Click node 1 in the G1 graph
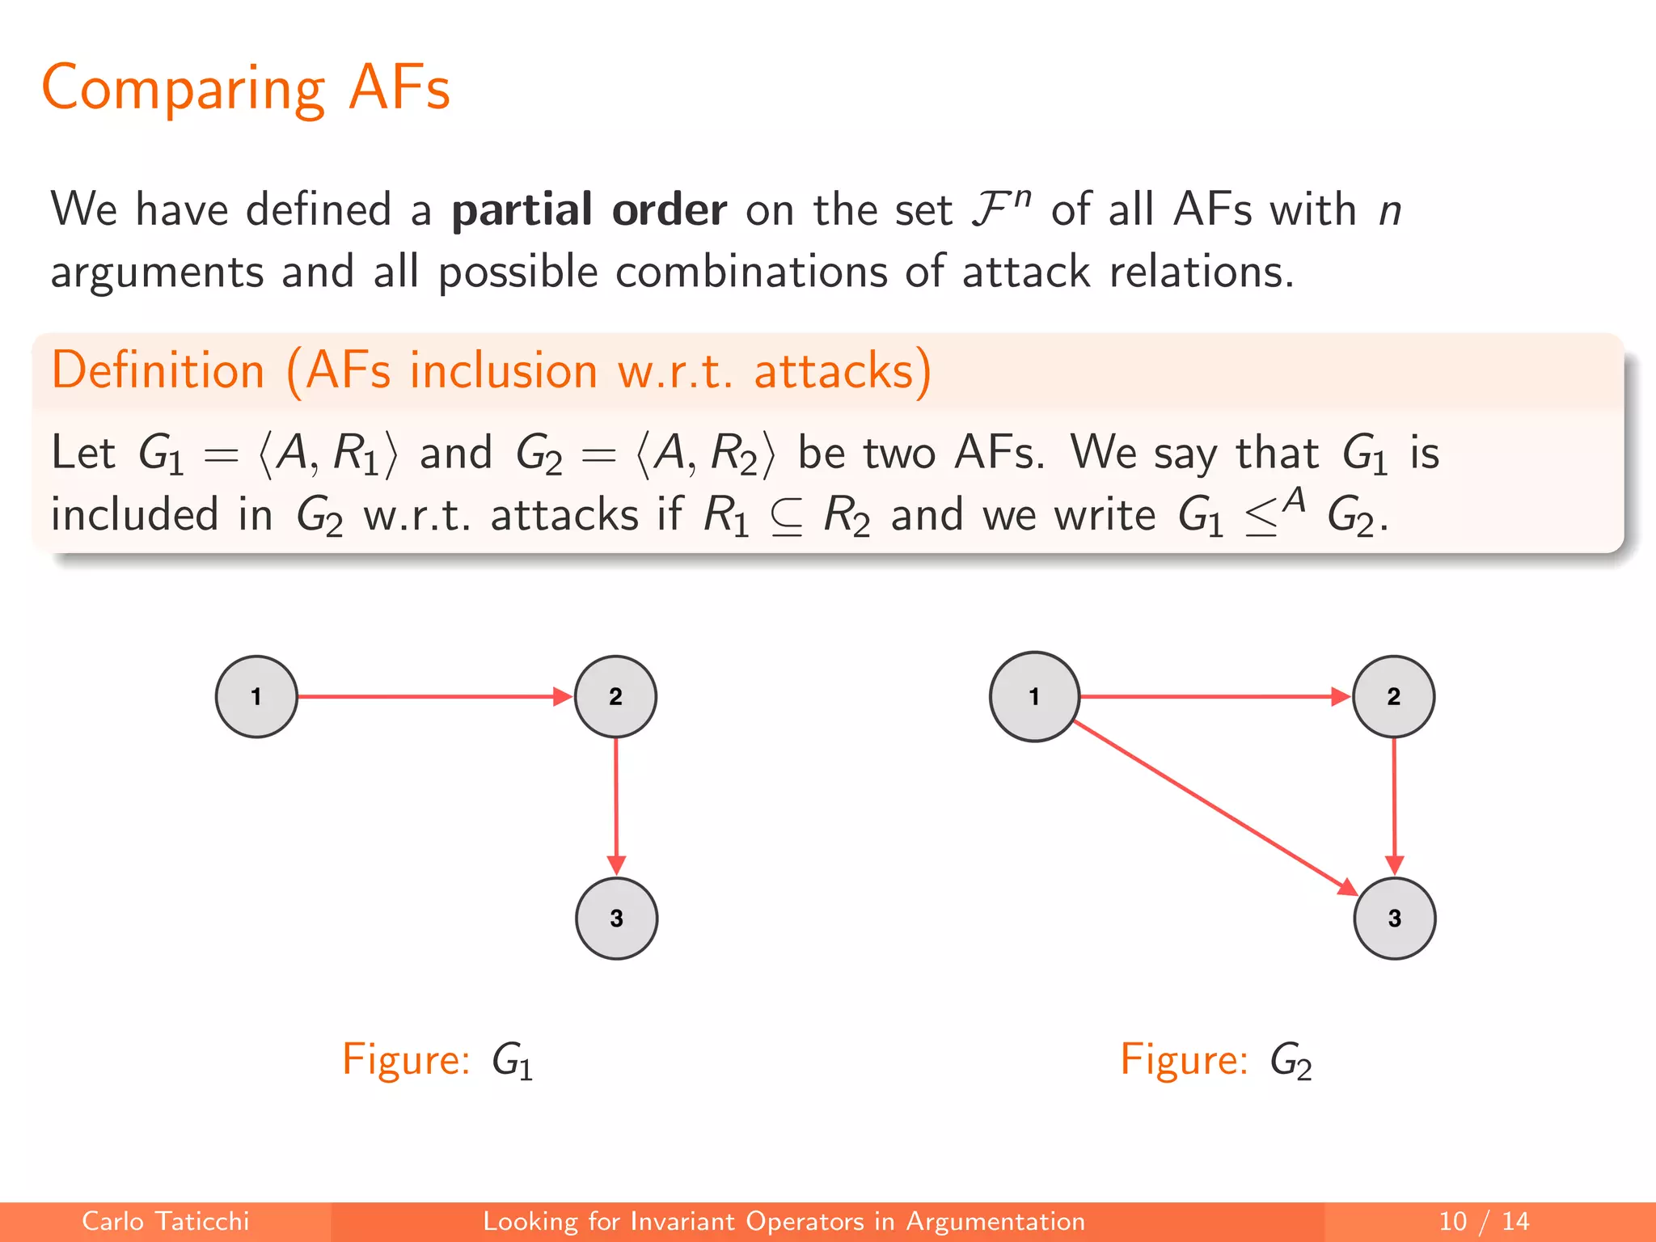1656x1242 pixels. pyautogui.click(x=256, y=696)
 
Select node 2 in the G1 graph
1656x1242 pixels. pyautogui.click(x=615, y=696)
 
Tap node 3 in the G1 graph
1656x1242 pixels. pyautogui.click(x=616, y=918)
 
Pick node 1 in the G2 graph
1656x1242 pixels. pyautogui.click(x=1034, y=696)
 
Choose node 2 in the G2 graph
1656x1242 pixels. pyautogui.click(x=1393, y=696)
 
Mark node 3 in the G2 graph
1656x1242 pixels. pyautogui.click(x=1394, y=918)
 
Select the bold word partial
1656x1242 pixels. pyautogui.click(x=522, y=209)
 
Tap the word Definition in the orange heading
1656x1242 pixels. pyautogui.click(x=158, y=371)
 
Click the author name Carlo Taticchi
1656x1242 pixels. pyautogui.click(x=165, y=1221)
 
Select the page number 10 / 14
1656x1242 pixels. pyautogui.click(x=1484, y=1221)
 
